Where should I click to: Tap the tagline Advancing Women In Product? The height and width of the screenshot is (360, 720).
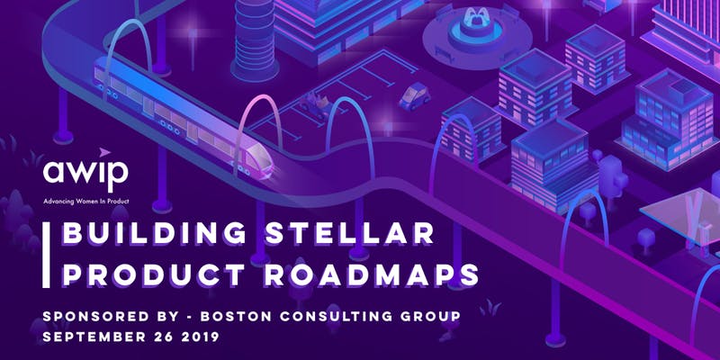[x=86, y=201]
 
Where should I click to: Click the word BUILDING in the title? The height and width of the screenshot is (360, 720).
[x=155, y=233]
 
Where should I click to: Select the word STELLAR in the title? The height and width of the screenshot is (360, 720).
[x=350, y=233]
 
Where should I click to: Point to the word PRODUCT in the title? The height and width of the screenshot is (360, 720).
[x=153, y=275]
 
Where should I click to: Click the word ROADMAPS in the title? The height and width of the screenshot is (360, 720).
[x=372, y=275]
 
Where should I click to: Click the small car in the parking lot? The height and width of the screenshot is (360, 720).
[x=414, y=96]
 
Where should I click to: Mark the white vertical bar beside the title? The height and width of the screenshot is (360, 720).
[x=46, y=256]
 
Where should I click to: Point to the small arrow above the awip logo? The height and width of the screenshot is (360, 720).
[x=104, y=152]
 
